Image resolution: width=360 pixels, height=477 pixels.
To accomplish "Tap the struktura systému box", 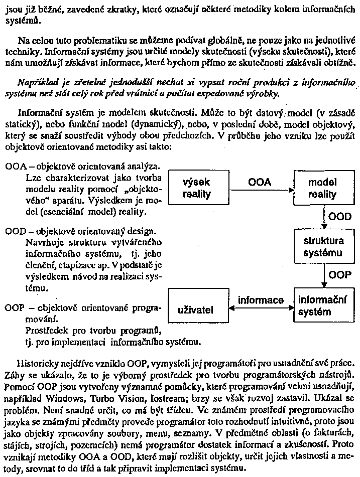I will pyautogui.click(x=323, y=247).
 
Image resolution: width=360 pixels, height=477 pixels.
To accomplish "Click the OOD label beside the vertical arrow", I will pyautogui.click(x=339, y=217).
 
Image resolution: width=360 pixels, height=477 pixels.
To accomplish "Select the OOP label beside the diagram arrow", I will pyautogui.click(x=339, y=275).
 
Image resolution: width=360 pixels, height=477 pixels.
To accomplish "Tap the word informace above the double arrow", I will pyautogui.click(x=261, y=300).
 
